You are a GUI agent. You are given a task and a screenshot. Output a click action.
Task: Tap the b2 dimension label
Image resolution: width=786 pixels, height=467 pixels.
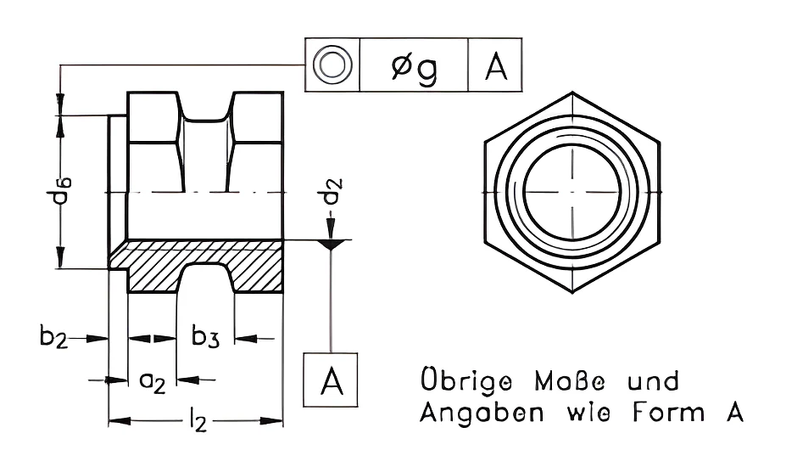tap(53, 336)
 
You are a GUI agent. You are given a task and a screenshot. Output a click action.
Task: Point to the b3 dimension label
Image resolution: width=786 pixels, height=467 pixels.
tap(205, 336)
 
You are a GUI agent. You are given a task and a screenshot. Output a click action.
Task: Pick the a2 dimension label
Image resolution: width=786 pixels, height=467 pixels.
tap(152, 382)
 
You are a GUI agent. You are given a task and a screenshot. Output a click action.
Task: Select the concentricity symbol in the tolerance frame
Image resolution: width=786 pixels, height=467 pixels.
tap(332, 65)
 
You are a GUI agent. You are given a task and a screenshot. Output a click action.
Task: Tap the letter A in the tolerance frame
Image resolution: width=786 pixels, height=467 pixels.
tap(496, 67)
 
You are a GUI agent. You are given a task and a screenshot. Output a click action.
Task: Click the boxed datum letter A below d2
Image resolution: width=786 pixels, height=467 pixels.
tap(331, 380)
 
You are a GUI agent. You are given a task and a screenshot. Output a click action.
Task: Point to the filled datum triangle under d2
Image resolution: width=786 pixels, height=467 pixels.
tap(331, 245)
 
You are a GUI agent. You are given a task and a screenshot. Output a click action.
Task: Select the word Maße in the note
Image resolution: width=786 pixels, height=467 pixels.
tap(570, 381)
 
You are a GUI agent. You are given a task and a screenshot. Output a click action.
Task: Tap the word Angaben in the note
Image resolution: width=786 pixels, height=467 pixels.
tap(482, 413)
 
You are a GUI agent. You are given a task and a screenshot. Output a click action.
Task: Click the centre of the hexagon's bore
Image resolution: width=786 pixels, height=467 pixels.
tap(571, 192)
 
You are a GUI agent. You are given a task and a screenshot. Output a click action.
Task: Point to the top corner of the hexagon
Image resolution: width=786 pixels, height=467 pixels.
tap(572, 92)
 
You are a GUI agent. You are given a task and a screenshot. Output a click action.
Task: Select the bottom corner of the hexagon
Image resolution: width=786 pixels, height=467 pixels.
tap(572, 292)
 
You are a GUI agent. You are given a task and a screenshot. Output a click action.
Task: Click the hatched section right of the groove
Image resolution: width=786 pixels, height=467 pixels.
tap(256, 266)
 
